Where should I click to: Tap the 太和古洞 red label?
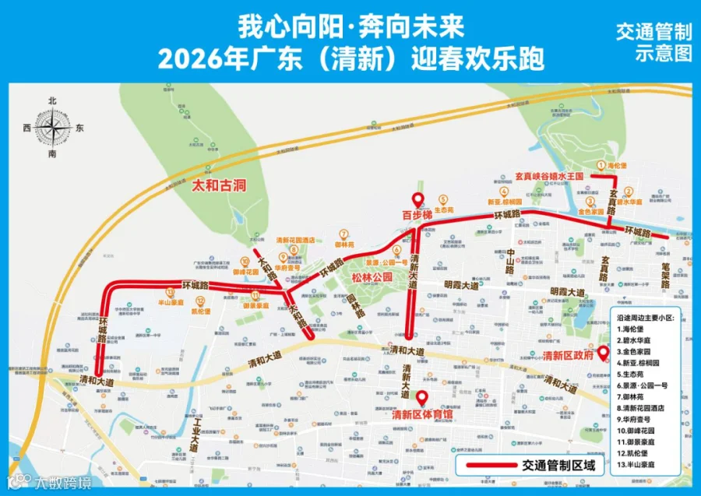coord(219,186)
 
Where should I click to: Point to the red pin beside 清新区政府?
coord(603,351)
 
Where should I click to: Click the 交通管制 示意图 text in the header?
coord(653,42)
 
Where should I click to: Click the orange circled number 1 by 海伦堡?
coord(601,165)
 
